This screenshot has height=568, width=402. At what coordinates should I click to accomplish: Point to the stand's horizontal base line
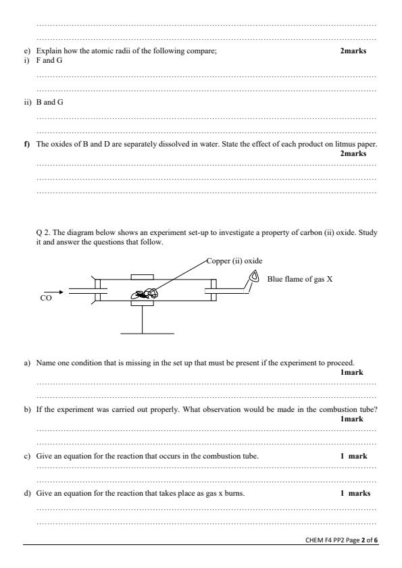coord(147,333)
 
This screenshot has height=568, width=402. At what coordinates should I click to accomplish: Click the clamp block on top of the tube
coord(143,276)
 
